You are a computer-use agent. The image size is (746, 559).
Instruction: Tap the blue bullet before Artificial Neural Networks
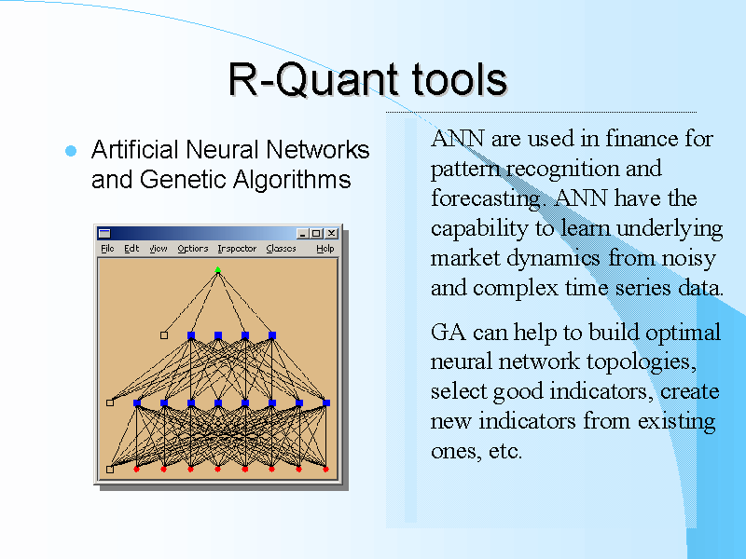pos(70,151)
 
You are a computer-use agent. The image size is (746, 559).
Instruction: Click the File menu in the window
pos(107,249)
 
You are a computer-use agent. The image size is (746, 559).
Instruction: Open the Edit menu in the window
pos(131,249)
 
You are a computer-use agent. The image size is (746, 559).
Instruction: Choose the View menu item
pos(159,249)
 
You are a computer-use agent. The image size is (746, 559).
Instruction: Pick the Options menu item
pos(193,249)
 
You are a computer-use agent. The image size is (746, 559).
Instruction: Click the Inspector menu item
pos(237,249)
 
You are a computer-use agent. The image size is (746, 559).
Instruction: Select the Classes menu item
pos(281,249)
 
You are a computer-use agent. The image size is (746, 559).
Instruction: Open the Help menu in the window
pos(325,249)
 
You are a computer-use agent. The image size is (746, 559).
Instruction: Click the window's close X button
pos(331,234)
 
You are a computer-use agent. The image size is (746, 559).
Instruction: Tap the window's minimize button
pos(303,234)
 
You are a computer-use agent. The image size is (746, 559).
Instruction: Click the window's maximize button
pos(317,234)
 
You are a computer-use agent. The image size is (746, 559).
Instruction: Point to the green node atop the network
pos(218,270)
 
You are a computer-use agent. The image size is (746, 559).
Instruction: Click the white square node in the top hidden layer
pos(164,335)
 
